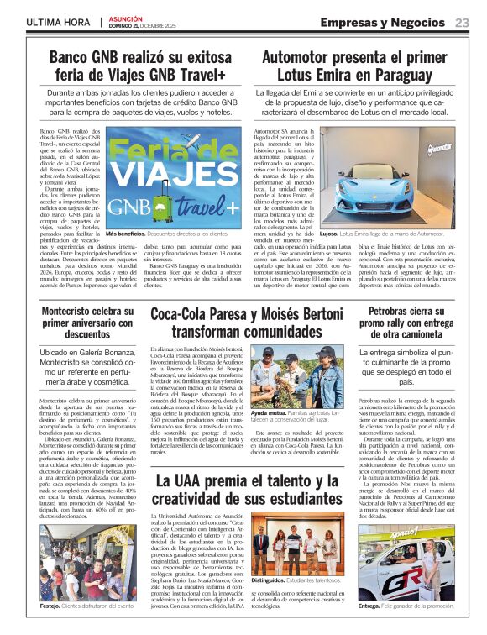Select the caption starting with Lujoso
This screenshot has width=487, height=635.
[369, 234]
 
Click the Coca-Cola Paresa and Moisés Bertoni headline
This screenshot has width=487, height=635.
[248, 323]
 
